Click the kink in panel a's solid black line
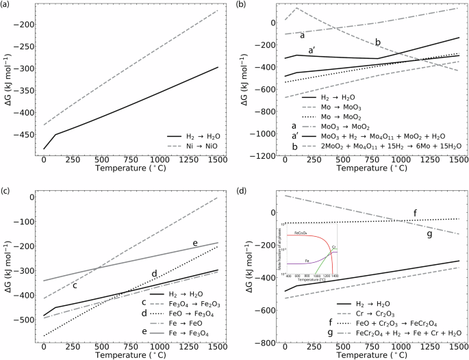[55, 134]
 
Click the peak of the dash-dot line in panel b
[296, 8]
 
